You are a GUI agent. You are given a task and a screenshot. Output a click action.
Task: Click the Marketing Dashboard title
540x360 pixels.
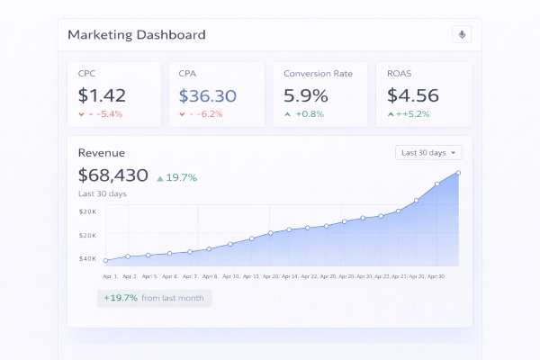point(137,35)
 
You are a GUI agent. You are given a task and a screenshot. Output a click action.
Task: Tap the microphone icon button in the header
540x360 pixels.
point(462,35)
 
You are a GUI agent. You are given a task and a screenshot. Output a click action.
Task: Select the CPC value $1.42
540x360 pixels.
point(102,95)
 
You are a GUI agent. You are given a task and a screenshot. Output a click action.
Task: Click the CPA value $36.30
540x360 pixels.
point(207,95)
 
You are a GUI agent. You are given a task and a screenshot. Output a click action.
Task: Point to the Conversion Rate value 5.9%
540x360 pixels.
point(306,95)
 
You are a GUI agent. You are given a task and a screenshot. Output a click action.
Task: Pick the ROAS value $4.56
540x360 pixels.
point(413,95)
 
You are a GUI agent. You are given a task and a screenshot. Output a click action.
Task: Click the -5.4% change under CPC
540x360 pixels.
point(101,114)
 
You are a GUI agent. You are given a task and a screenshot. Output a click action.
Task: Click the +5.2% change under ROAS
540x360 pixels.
point(410,114)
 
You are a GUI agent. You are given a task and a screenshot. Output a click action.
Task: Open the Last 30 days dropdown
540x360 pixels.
point(428,153)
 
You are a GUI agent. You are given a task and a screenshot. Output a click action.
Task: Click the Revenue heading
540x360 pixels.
point(102,153)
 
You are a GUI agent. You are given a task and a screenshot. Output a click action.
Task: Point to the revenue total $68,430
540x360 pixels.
point(113,175)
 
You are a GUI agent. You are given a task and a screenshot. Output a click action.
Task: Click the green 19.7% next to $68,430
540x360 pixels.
point(177,177)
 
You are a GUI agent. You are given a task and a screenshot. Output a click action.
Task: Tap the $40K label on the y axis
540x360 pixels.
point(88,259)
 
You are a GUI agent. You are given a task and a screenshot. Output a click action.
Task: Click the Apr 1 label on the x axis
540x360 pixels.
point(110,276)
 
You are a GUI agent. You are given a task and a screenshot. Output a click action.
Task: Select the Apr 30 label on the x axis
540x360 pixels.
point(436,276)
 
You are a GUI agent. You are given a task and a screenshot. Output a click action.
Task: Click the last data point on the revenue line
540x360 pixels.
point(458,173)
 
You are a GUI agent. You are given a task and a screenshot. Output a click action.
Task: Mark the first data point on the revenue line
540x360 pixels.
point(106,261)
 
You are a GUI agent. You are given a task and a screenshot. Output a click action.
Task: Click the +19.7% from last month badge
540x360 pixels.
point(154,298)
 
